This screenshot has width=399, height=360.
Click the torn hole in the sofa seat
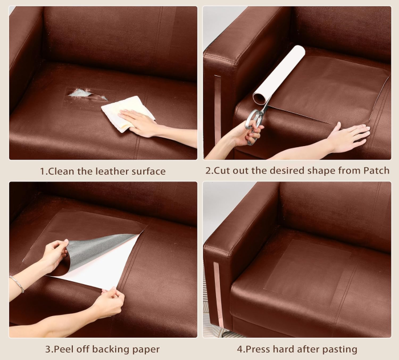87,94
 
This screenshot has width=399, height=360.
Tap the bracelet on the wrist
17,284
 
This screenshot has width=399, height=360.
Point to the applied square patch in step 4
307,269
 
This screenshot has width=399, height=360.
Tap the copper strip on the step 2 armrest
217,112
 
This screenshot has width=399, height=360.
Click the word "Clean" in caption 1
61,171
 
